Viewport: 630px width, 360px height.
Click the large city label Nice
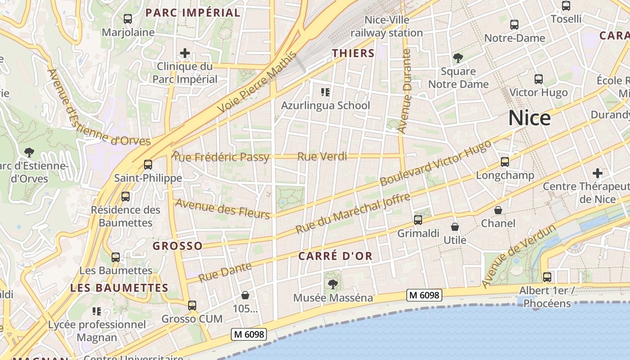(529, 118)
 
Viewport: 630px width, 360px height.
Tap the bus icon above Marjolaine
(128, 19)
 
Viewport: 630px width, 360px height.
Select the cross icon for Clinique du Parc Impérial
(184, 54)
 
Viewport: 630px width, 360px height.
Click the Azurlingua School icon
(325, 92)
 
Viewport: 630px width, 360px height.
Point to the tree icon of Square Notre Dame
(458, 58)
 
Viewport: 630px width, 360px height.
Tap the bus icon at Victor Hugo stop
(538, 79)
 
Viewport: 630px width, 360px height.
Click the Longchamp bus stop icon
(505, 162)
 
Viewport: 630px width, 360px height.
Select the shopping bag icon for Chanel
(498, 210)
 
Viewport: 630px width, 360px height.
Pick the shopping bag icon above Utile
(455, 227)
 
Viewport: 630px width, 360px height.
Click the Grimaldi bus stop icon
(418, 220)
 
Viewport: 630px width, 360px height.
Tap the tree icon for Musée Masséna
(333, 284)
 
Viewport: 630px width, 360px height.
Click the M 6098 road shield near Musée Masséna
(424, 295)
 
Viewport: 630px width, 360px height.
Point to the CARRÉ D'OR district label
(335, 256)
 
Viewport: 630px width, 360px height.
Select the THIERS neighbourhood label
(353, 53)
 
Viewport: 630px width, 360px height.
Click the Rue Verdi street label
(322, 157)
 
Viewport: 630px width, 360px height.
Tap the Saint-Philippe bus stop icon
(148, 165)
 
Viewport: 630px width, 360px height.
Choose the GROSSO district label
(177, 246)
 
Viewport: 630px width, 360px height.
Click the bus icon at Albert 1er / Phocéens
(547, 277)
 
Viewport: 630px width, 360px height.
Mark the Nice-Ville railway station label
(387, 27)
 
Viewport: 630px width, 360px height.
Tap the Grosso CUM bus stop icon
(192, 306)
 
